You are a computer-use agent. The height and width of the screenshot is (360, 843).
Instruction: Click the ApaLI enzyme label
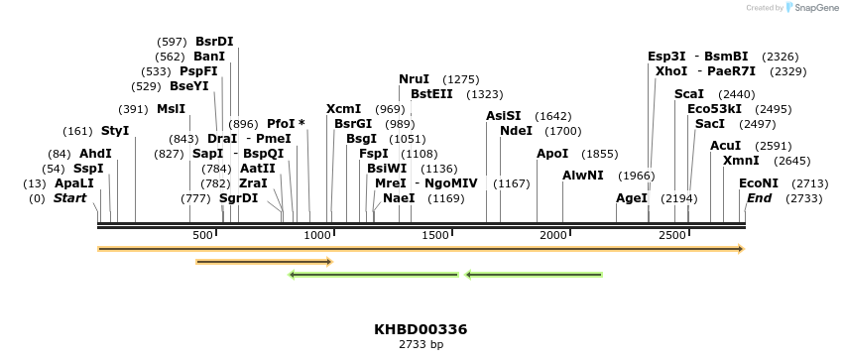[74, 183]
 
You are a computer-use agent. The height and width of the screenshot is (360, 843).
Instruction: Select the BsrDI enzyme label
[214, 42]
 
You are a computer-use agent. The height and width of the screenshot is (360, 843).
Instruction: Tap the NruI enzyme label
[414, 79]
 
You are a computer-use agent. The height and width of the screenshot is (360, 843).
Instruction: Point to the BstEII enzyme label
[431, 94]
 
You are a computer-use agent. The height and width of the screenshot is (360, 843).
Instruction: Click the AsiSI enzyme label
[503, 116]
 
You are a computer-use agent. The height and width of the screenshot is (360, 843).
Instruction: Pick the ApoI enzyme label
[552, 154]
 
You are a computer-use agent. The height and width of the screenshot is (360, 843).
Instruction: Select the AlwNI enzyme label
[582, 176]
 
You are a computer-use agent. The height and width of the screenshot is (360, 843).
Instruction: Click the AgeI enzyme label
[632, 198]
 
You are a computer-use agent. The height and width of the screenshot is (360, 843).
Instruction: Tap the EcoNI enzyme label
[759, 183]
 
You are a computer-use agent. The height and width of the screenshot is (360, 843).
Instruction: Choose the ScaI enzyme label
[688, 94]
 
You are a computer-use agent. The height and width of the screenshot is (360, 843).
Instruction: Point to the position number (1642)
[552, 116]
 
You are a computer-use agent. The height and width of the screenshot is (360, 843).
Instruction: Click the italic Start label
[69, 198]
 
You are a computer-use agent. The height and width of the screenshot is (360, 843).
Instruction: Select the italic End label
[759, 198]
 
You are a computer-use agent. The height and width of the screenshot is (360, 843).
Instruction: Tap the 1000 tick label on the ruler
[317, 235]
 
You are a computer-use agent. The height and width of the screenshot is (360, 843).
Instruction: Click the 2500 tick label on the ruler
[672, 235]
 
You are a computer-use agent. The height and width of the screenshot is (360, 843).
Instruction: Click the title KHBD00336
[421, 329]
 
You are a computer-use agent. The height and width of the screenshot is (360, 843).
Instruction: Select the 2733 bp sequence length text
[421, 344]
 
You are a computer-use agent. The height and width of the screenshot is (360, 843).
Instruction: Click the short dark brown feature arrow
[264, 262]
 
